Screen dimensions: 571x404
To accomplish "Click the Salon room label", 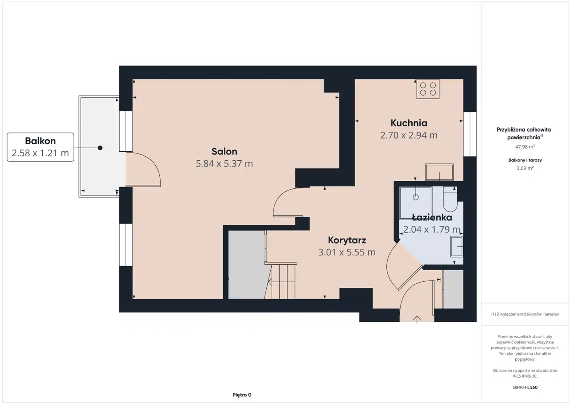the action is (224, 151).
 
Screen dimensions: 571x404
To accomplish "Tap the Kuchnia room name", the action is (409, 123).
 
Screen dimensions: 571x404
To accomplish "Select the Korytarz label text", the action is (347, 240).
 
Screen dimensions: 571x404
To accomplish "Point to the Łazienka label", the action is (432, 217).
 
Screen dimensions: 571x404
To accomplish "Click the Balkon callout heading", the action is (40, 141).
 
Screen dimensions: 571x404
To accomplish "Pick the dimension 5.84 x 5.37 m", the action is (224, 163).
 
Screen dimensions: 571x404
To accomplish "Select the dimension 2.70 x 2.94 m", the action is (409, 135).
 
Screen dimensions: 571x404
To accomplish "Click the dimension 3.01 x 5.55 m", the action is (347, 252).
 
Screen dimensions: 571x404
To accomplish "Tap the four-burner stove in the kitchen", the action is (428, 89).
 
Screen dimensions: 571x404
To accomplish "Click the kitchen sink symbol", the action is (439, 172).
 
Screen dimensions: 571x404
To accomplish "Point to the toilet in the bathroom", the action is (450, 199).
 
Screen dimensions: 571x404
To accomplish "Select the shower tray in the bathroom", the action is (415, 203).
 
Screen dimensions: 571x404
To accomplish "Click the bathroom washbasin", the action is (456, 246).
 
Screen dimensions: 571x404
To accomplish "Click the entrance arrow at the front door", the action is (417, 320).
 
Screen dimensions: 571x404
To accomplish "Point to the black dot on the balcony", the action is (100, 148).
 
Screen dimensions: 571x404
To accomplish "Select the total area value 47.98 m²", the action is (525, 147).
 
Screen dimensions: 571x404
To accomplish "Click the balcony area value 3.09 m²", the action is (525, 168).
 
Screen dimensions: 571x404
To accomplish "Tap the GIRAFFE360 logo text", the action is (525, 387).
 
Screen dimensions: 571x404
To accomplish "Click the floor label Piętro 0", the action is (242, 395).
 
